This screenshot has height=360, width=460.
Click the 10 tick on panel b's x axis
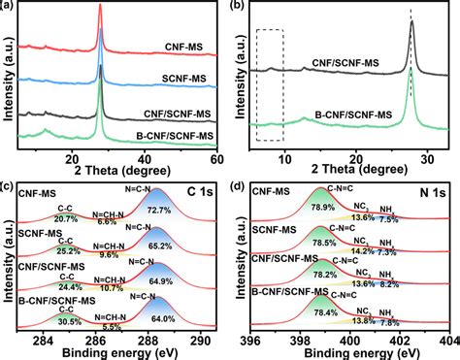(284, 159)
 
